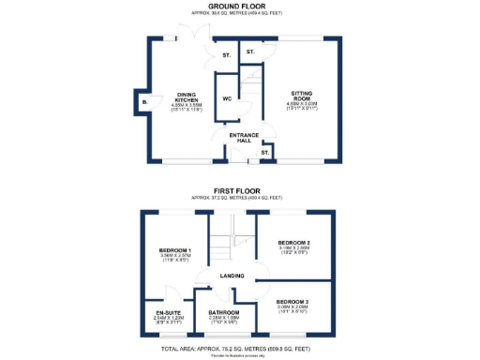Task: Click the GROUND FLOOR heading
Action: coord(239,7)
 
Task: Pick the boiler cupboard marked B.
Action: coord(144,100)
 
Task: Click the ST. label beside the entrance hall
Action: coord(265,152)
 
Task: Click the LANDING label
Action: coord(232,276)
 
